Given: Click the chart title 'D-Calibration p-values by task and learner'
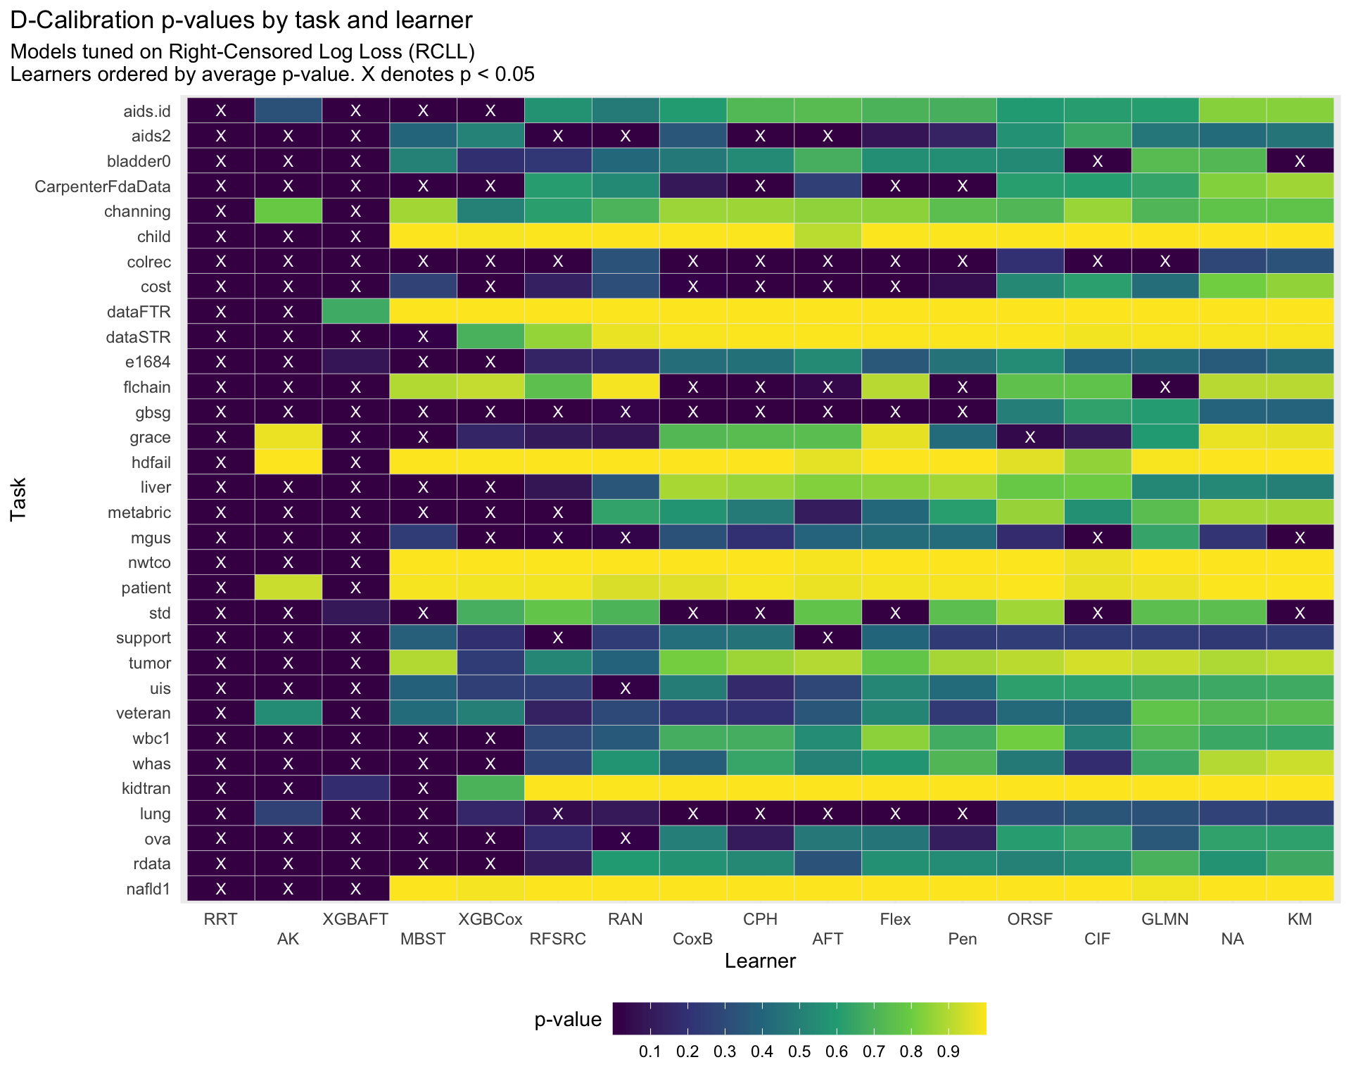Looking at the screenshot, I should (241, 20).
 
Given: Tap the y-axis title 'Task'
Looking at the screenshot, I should (18, 499).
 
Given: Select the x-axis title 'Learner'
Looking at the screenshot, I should (760, 961).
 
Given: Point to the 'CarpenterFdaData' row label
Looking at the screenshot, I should (103, 187).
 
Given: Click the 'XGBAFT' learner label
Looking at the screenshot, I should (355, 919).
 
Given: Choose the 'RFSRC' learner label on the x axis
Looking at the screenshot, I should (557, 939).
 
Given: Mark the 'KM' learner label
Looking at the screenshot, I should (1300, 919).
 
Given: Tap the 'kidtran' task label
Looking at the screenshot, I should (146, 788).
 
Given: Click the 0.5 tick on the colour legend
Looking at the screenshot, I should (799, 1052).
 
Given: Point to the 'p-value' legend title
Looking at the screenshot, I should (568, 1020).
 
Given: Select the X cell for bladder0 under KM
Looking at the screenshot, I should (1300, 161).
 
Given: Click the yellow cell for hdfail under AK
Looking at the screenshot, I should (288, 462).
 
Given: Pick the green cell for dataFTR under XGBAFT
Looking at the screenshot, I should (355, 312).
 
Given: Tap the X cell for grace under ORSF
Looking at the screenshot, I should (1030, 437).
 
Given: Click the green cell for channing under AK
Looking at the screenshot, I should (288, 211).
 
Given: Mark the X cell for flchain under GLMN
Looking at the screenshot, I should (1165, 387).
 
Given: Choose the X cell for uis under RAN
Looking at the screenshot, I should (626, 688).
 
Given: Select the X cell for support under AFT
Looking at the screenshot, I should (827, 638).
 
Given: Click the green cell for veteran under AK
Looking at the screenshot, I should (288, 713).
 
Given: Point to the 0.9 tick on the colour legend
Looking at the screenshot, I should (949, 1052).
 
